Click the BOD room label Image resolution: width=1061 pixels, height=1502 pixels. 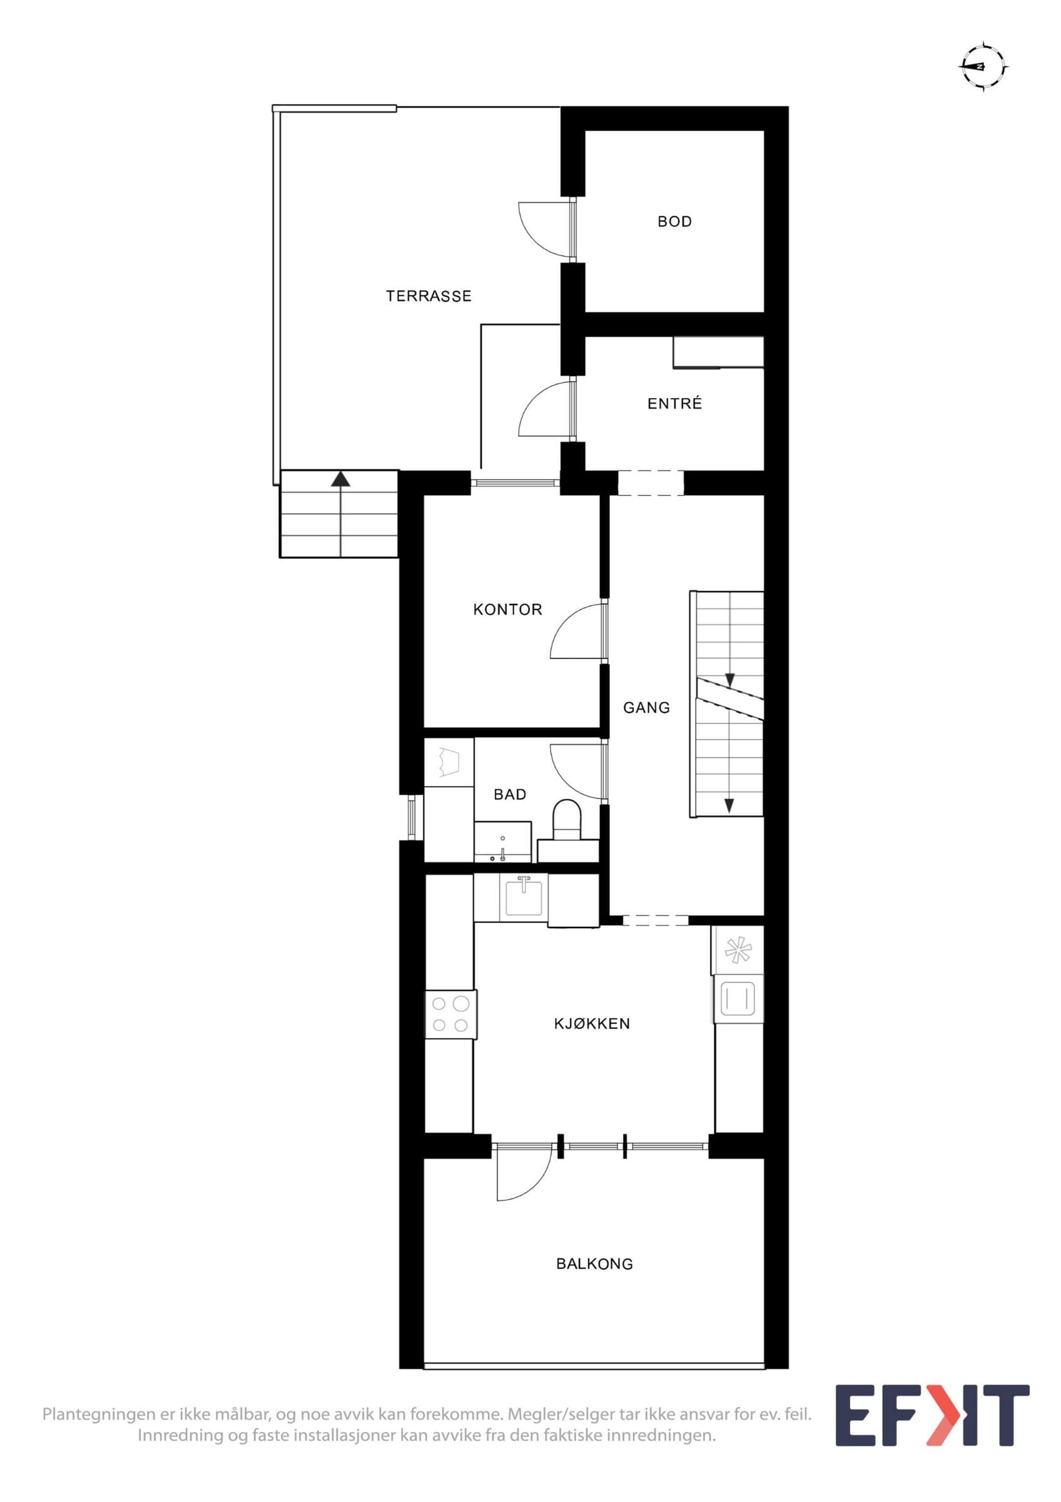pos(674,222)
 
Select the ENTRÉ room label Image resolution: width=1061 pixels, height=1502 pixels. pos(674,404)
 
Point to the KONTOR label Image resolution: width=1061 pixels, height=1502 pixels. pos(507,610)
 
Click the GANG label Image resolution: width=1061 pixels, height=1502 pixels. pos(646,707)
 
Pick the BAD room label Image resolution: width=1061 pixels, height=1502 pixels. pos(510,794)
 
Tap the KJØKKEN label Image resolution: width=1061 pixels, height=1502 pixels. pos(592,1024)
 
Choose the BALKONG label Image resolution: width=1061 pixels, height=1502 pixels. pos(594,1264)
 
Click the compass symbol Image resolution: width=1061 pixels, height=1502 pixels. pos(983,67)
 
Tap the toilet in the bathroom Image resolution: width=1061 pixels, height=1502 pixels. pos(567,820)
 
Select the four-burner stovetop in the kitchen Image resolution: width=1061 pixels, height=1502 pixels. pos(450,1014)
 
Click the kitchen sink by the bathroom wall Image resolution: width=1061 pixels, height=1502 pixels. pos(524,897)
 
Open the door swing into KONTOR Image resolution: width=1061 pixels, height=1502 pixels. pos(579,631)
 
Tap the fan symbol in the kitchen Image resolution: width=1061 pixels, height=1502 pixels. pos(737,950)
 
